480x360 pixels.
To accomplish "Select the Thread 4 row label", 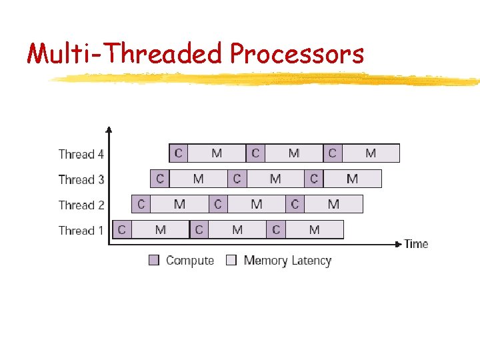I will pos(81,154).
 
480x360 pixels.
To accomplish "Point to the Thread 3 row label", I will pos(81,179).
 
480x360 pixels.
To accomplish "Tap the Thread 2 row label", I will pos(81,205).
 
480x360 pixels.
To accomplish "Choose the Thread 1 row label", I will pos(81,231).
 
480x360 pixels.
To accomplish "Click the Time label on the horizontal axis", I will pos(416,244).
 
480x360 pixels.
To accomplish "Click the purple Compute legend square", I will pos(154,261).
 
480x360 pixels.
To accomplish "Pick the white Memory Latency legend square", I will pos(231,261).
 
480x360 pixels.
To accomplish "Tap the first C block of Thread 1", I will pos(121,230).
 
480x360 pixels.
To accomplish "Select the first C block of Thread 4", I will pos(178,153).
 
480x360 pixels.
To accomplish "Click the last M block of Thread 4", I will pos(370,153).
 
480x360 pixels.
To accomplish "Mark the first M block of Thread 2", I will pos(179,204).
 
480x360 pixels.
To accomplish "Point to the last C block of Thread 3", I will pos(314,179).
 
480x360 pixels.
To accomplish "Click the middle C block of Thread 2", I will pos(218,204).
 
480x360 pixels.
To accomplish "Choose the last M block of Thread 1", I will pos(315,230).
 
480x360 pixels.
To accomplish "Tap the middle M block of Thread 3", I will pos(275,179).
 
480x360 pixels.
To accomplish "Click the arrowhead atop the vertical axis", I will pos(109,130).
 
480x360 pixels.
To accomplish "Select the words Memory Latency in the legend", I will pos(287,261).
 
